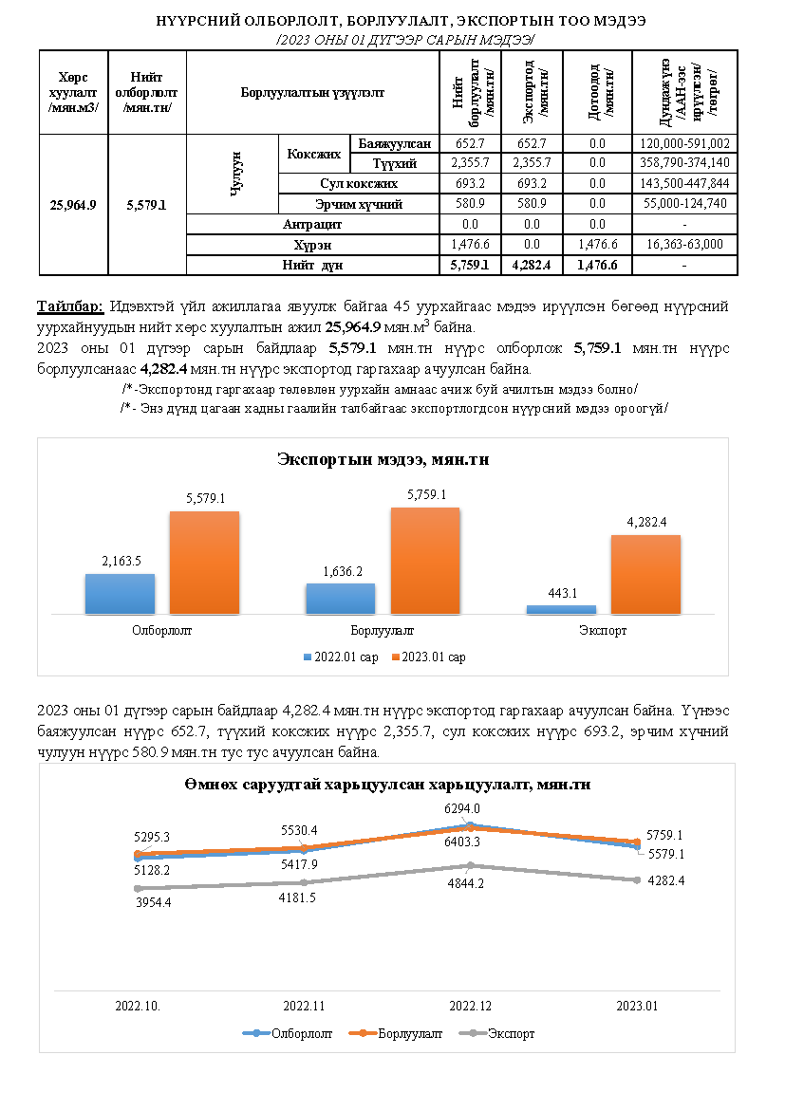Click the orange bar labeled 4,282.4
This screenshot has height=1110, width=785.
[x=645, y=574]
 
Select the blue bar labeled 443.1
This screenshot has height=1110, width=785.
[x=561, y=609]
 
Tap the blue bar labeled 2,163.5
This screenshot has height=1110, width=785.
[x=120, y=594]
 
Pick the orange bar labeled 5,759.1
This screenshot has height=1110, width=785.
[x=425, y=561]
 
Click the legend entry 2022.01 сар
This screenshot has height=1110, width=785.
[x=341, y=657]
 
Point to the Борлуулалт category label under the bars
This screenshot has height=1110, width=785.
[x=382, y=630]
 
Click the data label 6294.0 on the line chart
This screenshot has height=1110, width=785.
[x=471, y=808]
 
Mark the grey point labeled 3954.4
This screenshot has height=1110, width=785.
[x=139, y=888]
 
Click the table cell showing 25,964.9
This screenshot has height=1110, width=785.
[x=73, y=204]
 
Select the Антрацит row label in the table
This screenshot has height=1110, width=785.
[x=312, y=225]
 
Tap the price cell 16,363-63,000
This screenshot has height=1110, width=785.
[x=683, y=244]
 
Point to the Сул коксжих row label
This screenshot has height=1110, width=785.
[x=358, y=183]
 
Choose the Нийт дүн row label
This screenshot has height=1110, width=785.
[x=312, y=265]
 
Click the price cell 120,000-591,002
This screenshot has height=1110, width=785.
[x=683, y=144]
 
